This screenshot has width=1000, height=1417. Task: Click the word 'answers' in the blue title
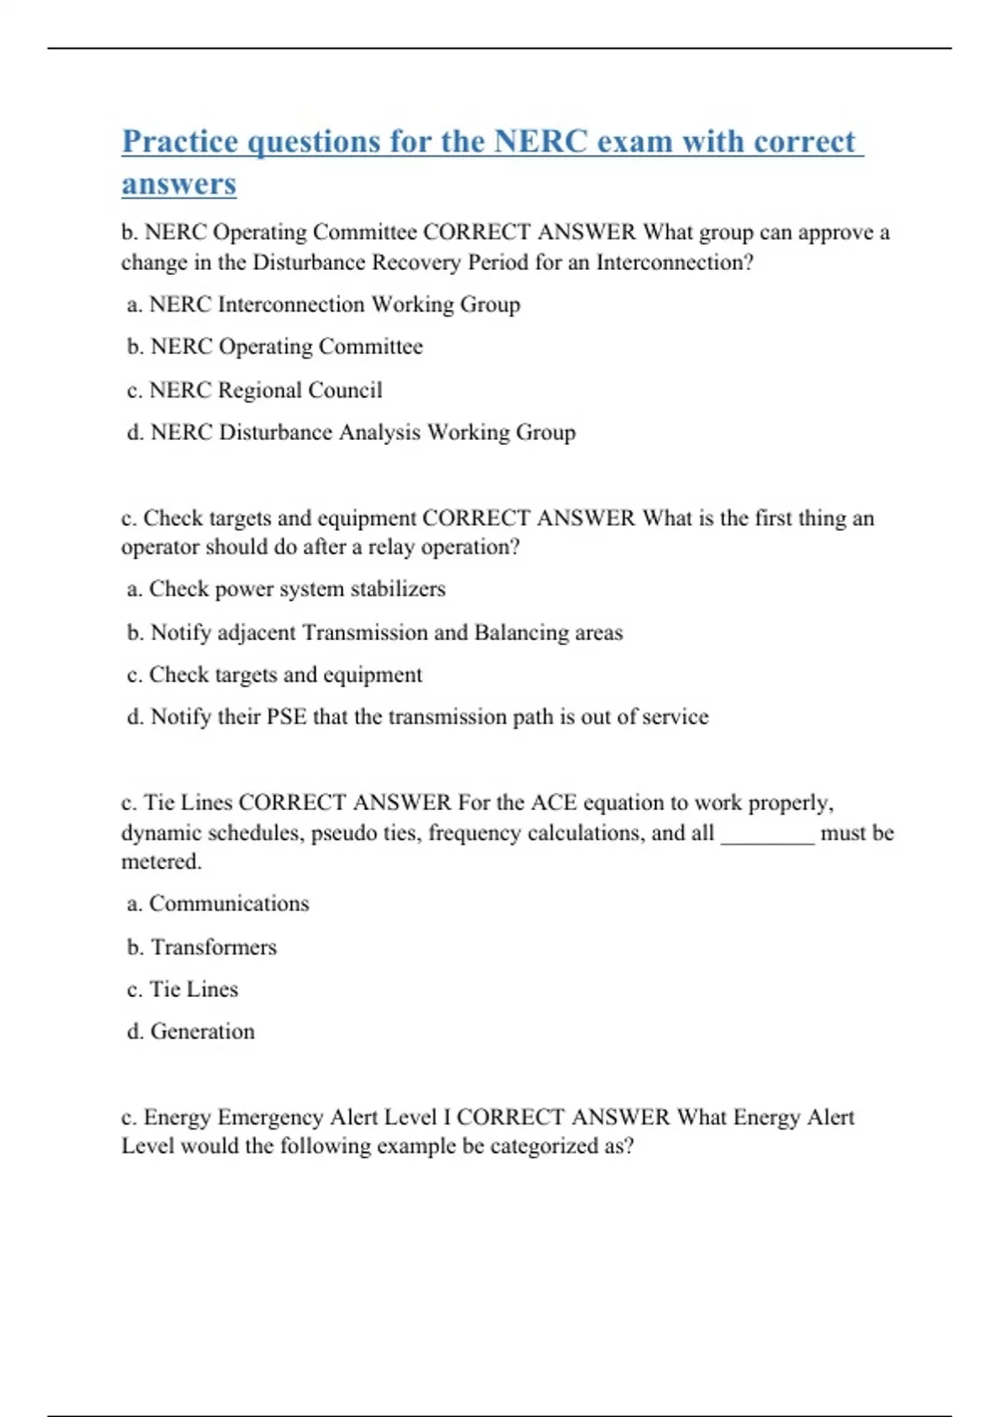(178, 184)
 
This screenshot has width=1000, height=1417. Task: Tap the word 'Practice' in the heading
(180, 142)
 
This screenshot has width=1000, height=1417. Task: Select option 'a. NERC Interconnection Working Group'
(323, 305)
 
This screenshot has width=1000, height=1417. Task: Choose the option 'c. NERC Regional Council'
(254, 390)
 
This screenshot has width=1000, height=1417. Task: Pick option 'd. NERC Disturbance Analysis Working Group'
(351, 433)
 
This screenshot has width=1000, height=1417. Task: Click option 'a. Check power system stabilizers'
(286, 589)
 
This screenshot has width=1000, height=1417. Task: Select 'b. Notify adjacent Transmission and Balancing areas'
(374, 633)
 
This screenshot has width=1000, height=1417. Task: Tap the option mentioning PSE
(417, 717)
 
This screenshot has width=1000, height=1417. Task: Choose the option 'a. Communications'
(217, 904)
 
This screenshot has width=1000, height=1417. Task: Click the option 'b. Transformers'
(202, 947)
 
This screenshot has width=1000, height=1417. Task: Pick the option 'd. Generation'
(191, 1032)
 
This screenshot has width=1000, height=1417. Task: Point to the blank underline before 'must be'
(767, 837)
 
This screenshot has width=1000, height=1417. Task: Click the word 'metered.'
(162, 862)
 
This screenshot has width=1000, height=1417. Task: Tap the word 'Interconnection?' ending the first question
(674, 263)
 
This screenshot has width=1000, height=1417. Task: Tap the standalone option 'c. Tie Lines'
(182, 989)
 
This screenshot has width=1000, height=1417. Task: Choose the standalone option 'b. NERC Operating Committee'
(275, 347)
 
